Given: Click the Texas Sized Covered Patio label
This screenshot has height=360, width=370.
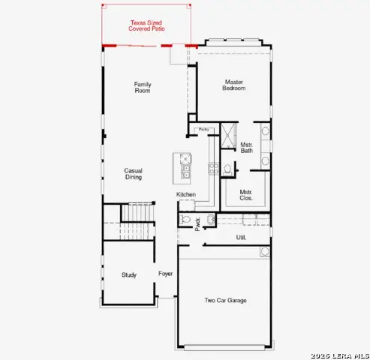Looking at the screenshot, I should click(x=148, y=26).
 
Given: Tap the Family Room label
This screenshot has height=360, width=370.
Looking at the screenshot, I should click(x=143, y=87).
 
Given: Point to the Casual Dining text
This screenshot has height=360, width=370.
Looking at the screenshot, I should click(x=134, y=173).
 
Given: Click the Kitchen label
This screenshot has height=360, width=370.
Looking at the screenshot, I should click(x=186, y=195).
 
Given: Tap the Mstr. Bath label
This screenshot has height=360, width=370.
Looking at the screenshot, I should click(x=247, y=148).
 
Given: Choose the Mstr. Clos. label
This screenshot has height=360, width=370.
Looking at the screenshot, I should click(x=246, y=195).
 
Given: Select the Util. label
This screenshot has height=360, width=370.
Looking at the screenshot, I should click(x=241, y=237).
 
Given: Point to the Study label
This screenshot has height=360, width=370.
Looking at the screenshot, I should click(x=129, y=275).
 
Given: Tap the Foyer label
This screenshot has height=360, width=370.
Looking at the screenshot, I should click(x=165, y=274).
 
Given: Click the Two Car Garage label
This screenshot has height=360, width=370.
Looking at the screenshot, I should click(x=226, y=301).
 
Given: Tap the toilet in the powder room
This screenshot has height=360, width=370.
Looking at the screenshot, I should click(x=187, y=220).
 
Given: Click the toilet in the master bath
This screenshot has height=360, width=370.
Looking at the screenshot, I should click(x=227, y=167).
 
